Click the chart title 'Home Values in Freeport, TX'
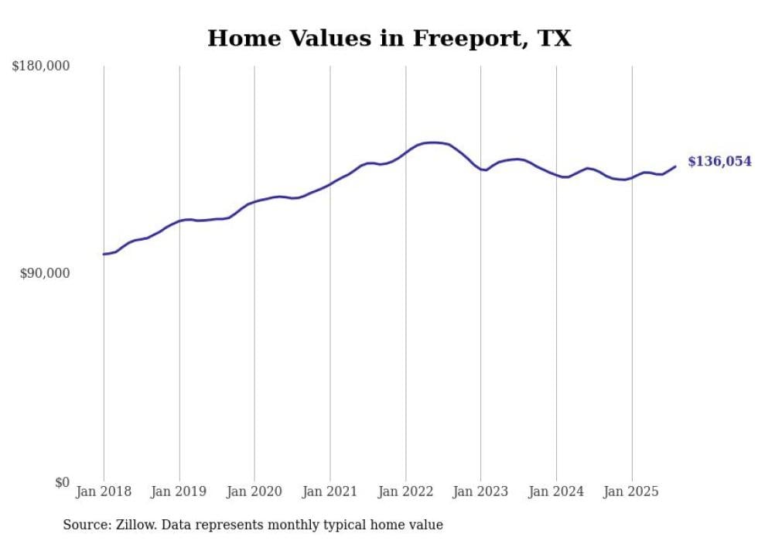[x=389, y=38]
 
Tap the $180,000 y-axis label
[x=40, y=67]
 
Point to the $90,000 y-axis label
[x=44, y=274]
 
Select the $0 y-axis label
[x=61, y=483]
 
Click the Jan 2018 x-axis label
[x=104, y=491]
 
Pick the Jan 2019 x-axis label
[x=179, y=491]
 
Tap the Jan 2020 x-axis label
[x=254, y=491]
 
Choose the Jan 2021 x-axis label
[x=330, y=491]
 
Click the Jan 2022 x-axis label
[x=405, y=491]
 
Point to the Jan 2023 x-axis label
[x=481, y=491]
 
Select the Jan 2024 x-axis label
[x=556, y=491]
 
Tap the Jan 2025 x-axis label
[x=632, y=491]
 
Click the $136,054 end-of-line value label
[x=719, y=162]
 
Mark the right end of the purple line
[x=675, y=166]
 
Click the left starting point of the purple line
[x=104, y=254]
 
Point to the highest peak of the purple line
[x=433, y=142]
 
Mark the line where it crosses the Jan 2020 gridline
[x=254, y=202]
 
